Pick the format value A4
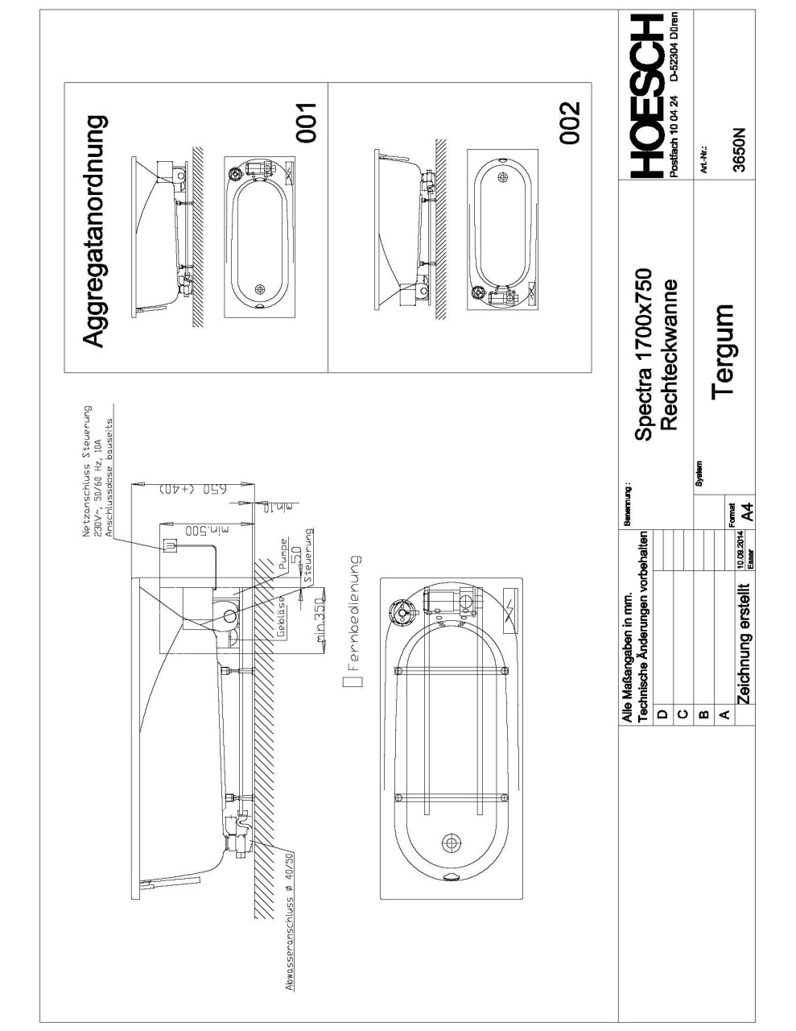click(x=746, y=511)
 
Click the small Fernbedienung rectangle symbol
click(x=352, y=681)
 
